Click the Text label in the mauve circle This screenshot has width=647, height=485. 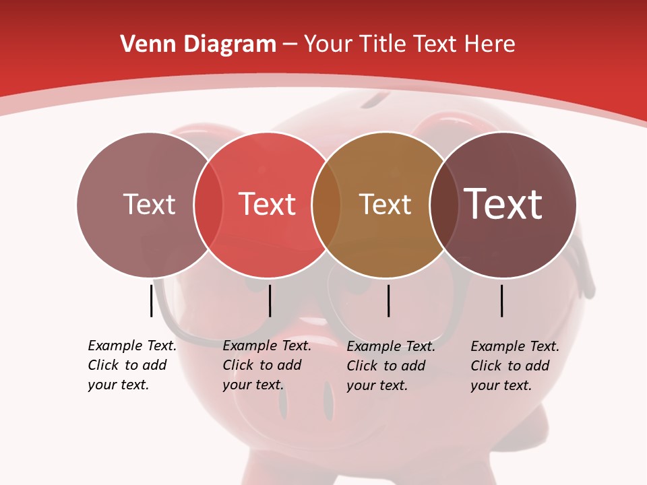149,204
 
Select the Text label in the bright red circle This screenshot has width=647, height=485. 267,204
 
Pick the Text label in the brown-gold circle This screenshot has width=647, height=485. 385,204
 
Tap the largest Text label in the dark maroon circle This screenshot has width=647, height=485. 503,204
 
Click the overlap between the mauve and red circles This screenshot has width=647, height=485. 208,205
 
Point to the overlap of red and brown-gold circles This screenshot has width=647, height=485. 326,205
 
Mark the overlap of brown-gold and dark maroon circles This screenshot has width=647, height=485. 443,205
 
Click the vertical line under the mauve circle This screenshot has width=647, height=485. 151,300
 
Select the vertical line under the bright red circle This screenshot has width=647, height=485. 270,300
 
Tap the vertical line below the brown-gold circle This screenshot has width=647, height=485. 388,300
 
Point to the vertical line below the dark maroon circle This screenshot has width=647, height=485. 502,300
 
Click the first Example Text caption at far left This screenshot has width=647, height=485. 131,365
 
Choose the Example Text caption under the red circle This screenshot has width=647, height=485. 266,365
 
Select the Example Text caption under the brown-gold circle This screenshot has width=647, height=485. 390,366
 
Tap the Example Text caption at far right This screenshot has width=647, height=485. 514,366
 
